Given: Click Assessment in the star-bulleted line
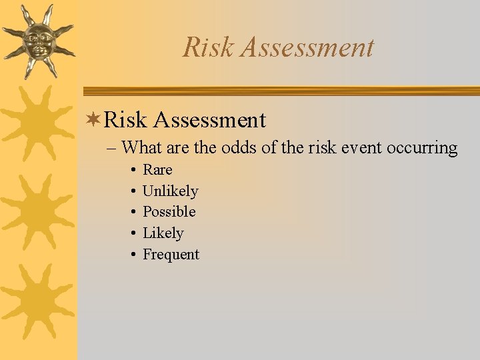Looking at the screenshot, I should tap(209, 120).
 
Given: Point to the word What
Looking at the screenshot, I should tap(146, 147).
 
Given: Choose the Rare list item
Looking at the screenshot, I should tap(157, 170).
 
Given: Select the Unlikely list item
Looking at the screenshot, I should tap(171, 191).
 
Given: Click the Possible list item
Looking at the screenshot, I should tap(169, 212).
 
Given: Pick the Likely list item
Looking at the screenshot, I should tap(163, 233).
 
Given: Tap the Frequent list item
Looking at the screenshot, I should tap(171, 255).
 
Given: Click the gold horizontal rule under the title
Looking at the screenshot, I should tap(280, 91).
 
